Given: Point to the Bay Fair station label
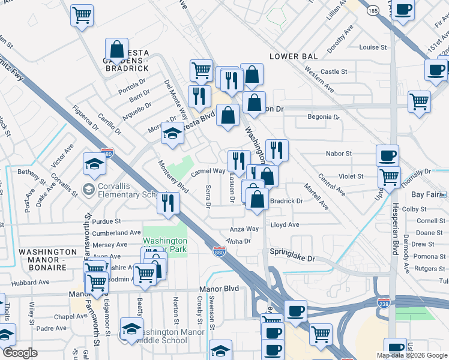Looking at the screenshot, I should pyautogui.click(x=426, y=194).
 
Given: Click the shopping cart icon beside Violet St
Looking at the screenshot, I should pyautogui.click(x=390, y=178).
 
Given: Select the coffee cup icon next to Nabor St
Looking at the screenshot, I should pyautogui.click(x=387, y=156).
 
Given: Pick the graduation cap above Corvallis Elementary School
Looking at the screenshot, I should pyautogui.click(x=94, y=163).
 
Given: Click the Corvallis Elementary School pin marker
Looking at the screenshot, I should pyautogui.click(x=89, y=190).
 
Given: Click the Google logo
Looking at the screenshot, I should pyautogui.click(x=20, y=353).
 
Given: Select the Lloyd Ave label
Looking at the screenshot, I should pyautogui.click(x=285, y=225).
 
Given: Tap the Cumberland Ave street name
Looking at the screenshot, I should pyautogui.click(x=117, y=232).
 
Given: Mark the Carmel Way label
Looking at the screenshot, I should pyautogui.click(x=208, y=171).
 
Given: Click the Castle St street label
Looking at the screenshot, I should pyautogui.click(x=334, y=71).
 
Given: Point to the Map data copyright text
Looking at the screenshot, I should pyautogui.click(x=411, y=355).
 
